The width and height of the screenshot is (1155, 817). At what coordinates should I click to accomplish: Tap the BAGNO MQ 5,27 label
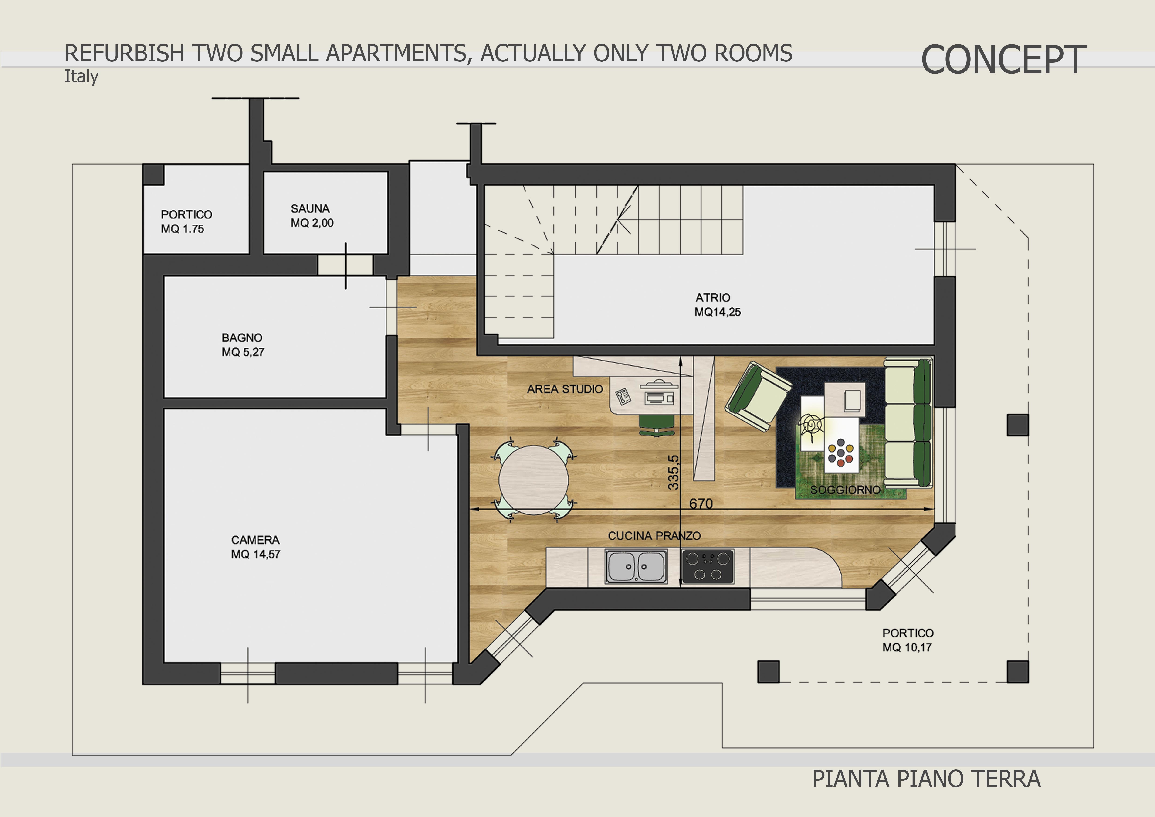243,345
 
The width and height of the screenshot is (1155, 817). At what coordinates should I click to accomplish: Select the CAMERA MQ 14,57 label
256,547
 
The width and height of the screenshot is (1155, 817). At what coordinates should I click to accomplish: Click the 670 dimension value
701,504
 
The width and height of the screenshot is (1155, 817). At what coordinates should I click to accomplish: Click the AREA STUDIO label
564,389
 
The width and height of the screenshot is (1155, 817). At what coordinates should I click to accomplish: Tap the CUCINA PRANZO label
654,536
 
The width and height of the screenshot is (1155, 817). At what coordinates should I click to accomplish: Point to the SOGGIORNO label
845,490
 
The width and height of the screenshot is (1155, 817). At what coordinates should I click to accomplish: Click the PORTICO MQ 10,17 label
908,640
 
